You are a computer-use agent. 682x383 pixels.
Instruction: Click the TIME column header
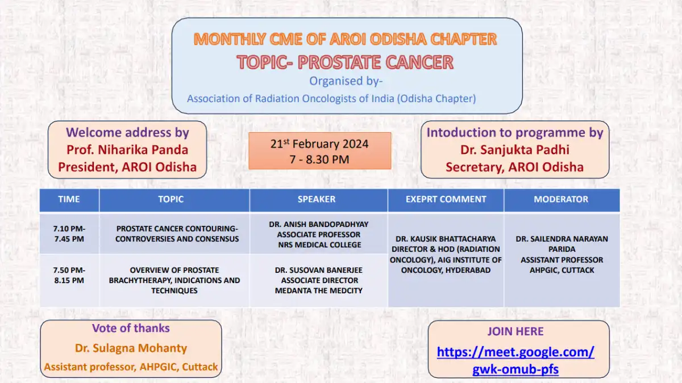[x=69, y=199]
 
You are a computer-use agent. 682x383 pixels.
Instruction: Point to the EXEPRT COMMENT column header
[x=446, y=199]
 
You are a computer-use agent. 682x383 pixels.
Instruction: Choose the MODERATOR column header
[x=562, y=199]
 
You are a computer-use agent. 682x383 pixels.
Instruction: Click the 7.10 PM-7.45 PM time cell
[x=69, y=233]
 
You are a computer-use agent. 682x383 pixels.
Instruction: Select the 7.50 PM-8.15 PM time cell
[x=69, y=280]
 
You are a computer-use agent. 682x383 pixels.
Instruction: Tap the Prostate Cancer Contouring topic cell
[x=174, y=233]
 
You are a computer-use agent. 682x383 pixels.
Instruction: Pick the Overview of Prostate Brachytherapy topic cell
[x=174, y=280]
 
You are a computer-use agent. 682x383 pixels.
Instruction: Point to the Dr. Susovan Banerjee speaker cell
[x=318, y=280]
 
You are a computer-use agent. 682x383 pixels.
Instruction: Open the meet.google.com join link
[x=515, y=360]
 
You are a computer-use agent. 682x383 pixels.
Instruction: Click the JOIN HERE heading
[x=515, y=331]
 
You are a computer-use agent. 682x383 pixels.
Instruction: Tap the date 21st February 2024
[x=319, y=144]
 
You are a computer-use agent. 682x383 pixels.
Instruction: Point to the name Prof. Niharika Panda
[x=127, y=150]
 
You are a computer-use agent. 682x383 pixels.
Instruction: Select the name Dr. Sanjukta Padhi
[x=514, y=150]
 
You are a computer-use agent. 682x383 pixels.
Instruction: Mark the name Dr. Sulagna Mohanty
[x=131, y=348]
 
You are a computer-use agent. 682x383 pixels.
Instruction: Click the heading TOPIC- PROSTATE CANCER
[x=346, y=62]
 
